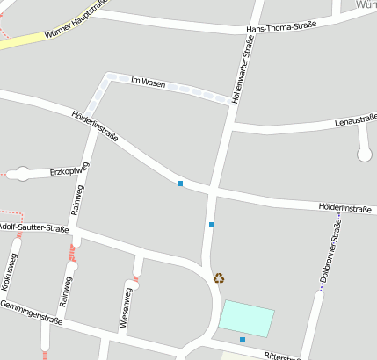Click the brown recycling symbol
pyautogui.click(x=219, y=278)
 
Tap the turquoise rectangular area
pyautogui.click(x=246, y=317)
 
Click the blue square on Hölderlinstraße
pyautogui.click(x=180, y=184)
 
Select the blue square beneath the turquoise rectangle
pyautogui.click(x=243, y=340)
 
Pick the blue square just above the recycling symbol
pyautogui.click(x=212, y=225)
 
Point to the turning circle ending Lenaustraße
pyautogui.click(x=365, y=155)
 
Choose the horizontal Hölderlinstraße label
pyautogui.click(x=345, y=209)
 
